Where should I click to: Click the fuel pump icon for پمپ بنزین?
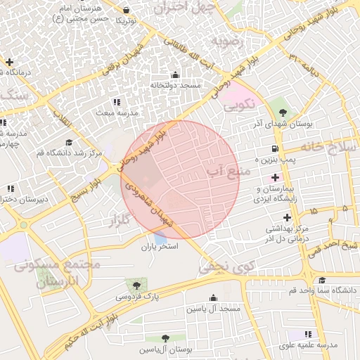coord(274,148)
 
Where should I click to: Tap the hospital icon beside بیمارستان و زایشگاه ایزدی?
coord(275,177)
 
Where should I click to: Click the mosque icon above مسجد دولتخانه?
coord(175,75)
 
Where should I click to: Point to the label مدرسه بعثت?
coord(117,112)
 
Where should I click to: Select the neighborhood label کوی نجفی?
coord(226,266)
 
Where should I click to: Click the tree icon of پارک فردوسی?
coord(135,285)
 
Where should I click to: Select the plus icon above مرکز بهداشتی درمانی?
coord(287,217)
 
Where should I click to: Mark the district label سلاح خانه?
coord(328,146)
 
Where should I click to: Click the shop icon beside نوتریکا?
coord(126,11)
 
